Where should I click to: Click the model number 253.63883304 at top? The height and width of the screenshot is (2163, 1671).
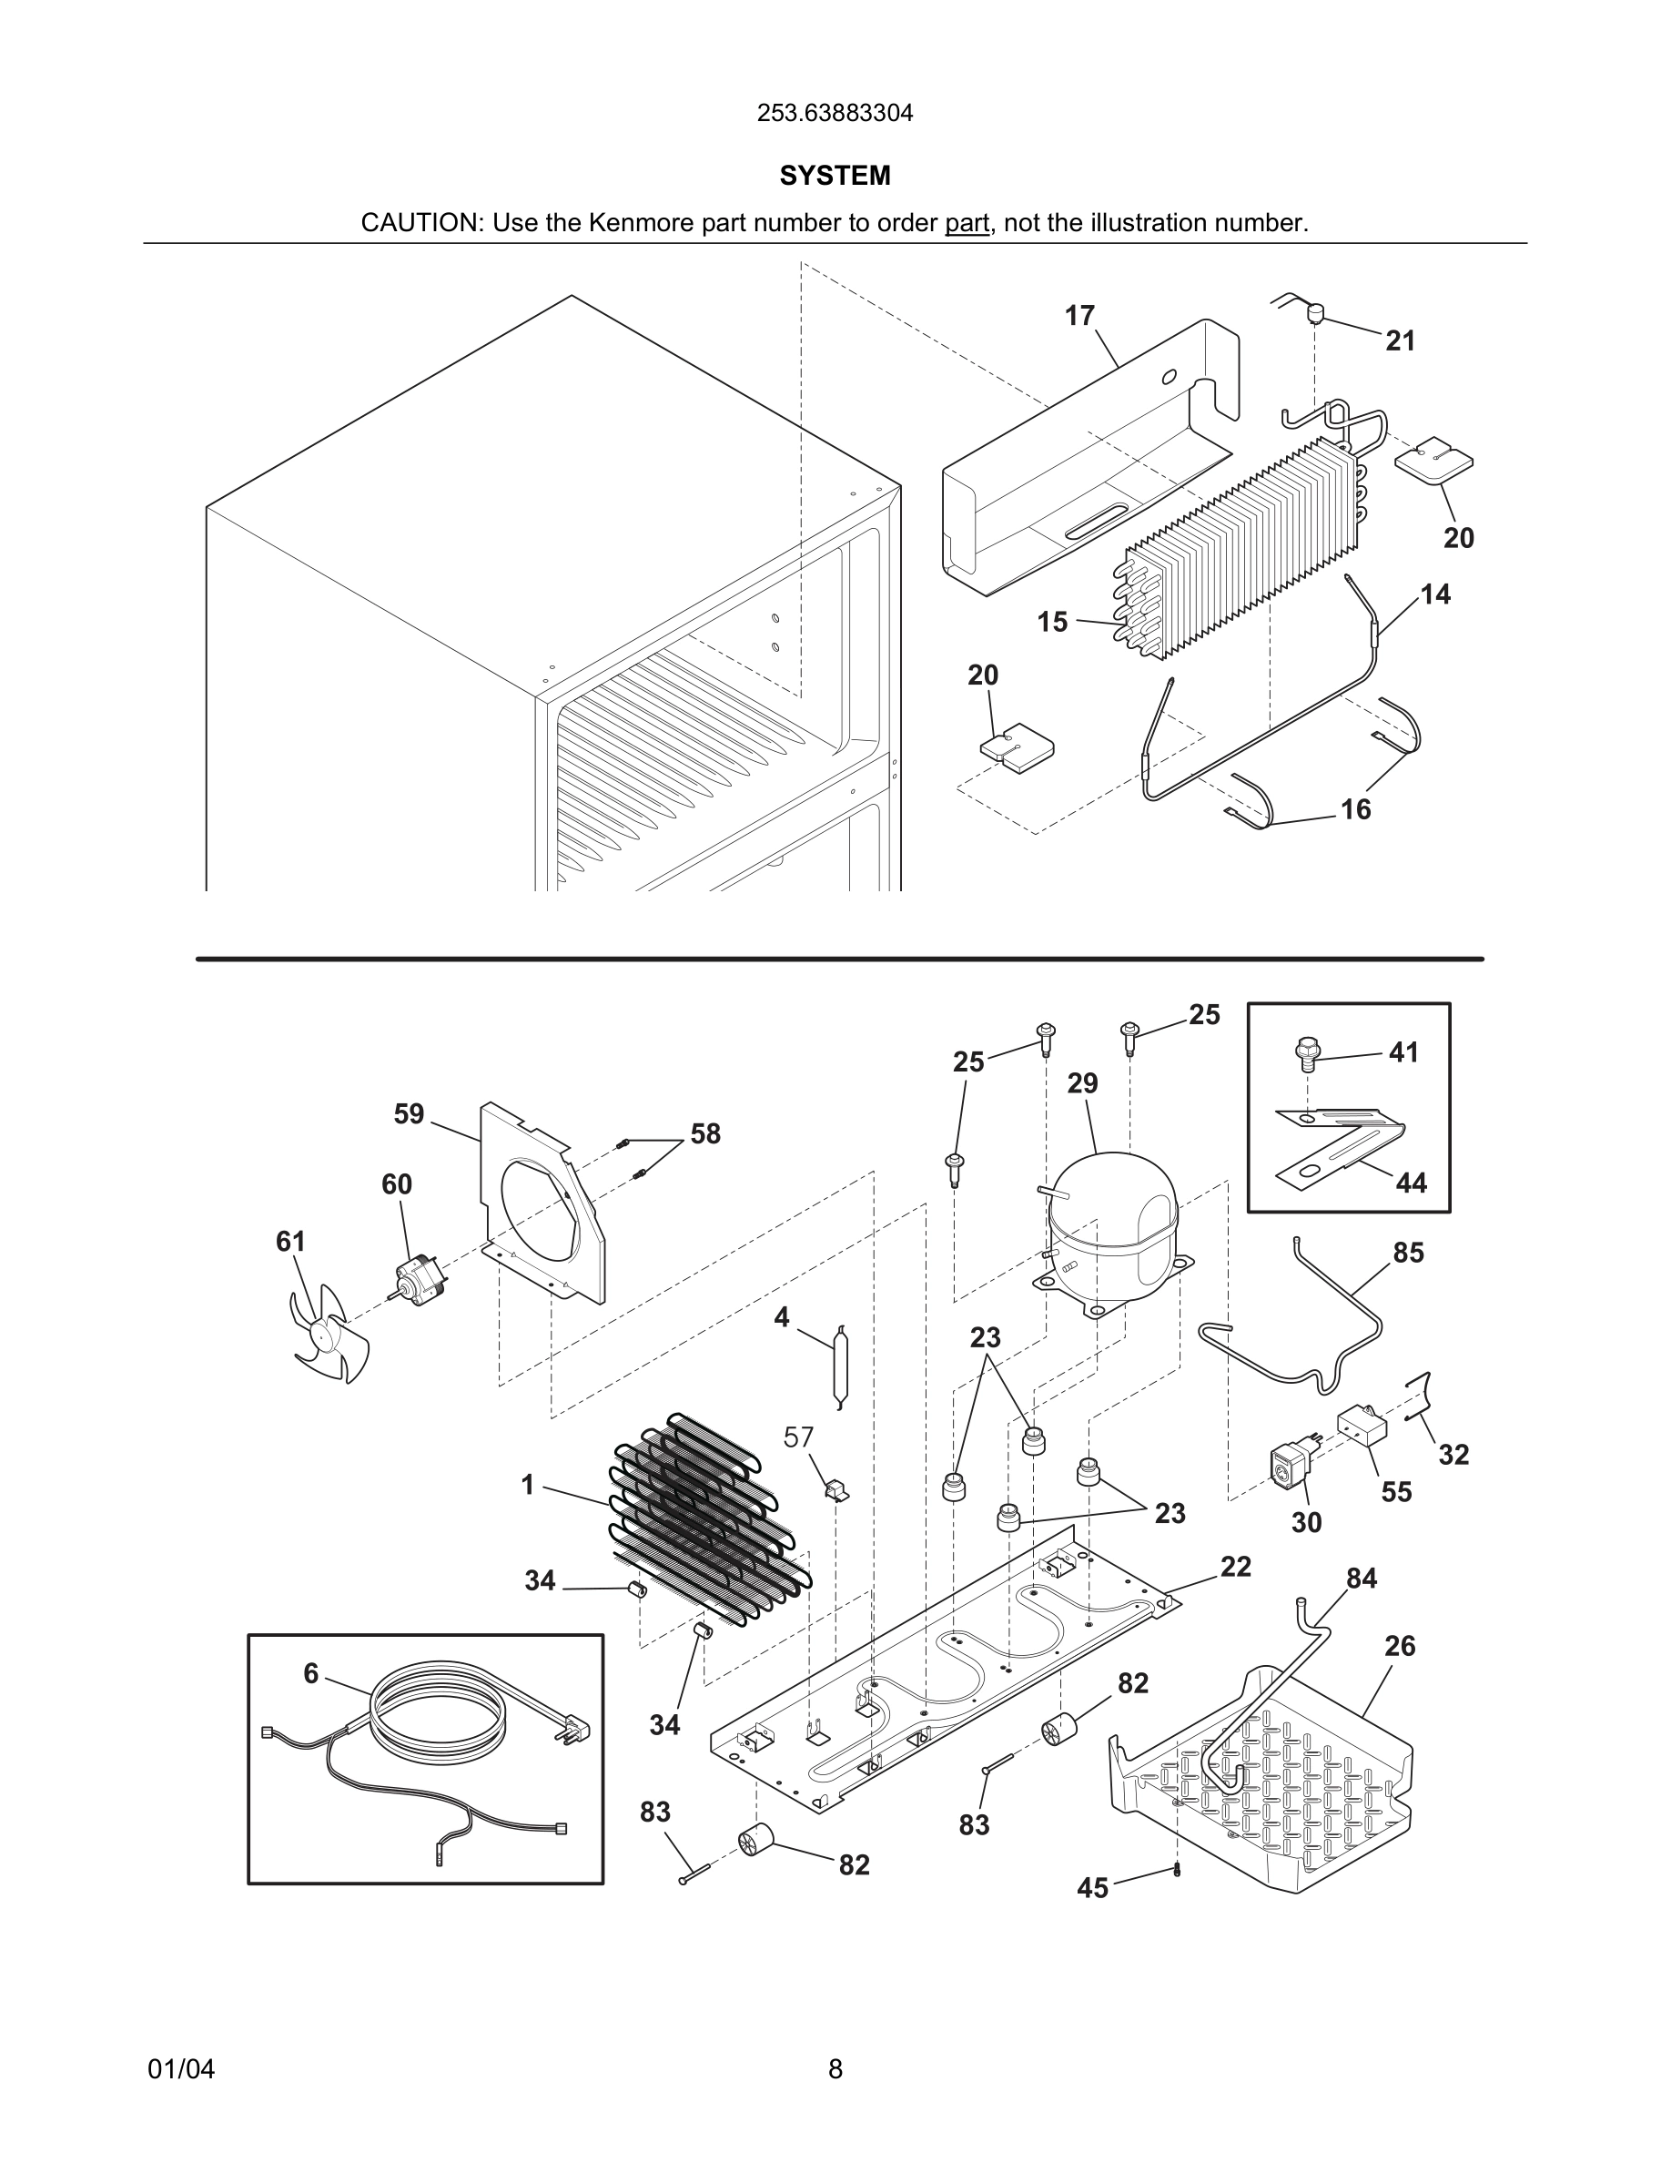835,114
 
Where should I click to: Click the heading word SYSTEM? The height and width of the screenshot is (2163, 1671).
835,177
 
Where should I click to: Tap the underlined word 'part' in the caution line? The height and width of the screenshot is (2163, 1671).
967,224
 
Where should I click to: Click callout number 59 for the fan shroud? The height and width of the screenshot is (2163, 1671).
409,1114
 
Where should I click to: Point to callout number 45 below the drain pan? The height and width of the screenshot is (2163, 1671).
1092,1889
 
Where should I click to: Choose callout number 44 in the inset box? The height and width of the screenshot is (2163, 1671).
1411,1183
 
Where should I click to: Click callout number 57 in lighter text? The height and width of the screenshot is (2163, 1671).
798,1437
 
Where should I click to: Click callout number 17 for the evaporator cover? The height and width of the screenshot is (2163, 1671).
1079,316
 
